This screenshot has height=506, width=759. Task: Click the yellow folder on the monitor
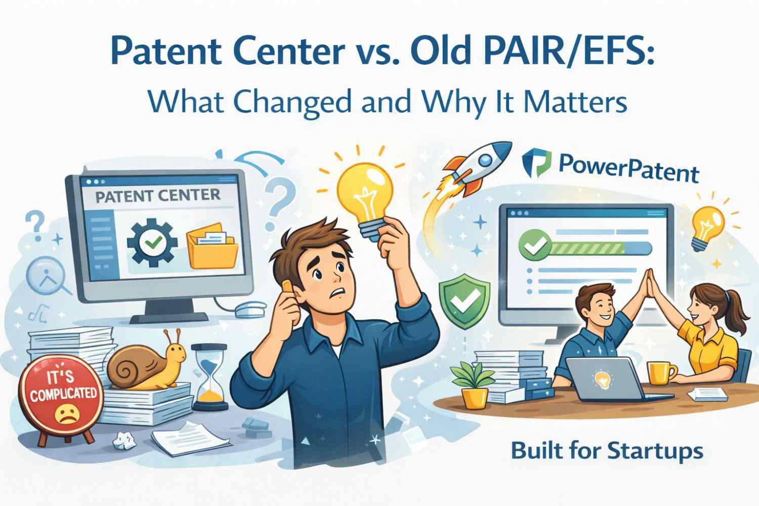pos(212,245)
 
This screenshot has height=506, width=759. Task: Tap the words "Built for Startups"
pos(607,450)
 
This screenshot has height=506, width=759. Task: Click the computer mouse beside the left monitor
pos(250,309)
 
